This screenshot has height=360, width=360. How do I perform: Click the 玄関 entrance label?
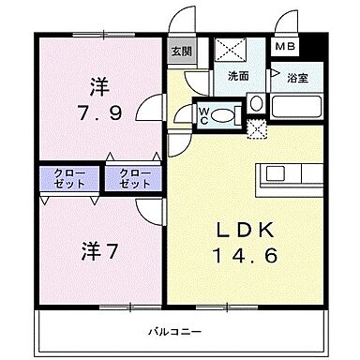coord(178,52)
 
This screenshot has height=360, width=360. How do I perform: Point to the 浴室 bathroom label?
coord(296,80)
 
